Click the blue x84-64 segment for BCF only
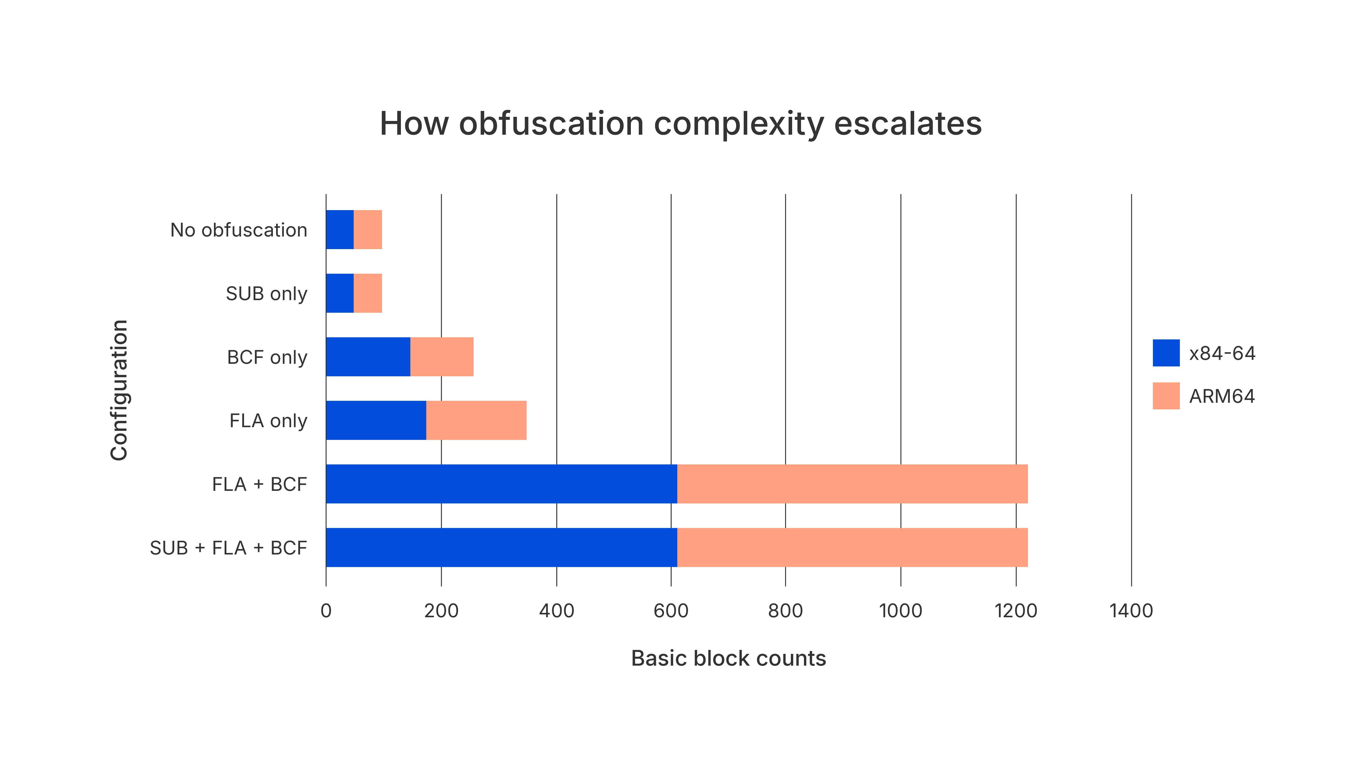[368, 357]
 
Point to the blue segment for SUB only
[340, 293]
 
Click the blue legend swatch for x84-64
[1166, 353]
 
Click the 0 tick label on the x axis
[326, 611]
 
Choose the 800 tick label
[785, 611]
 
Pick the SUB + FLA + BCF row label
[228, 548]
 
